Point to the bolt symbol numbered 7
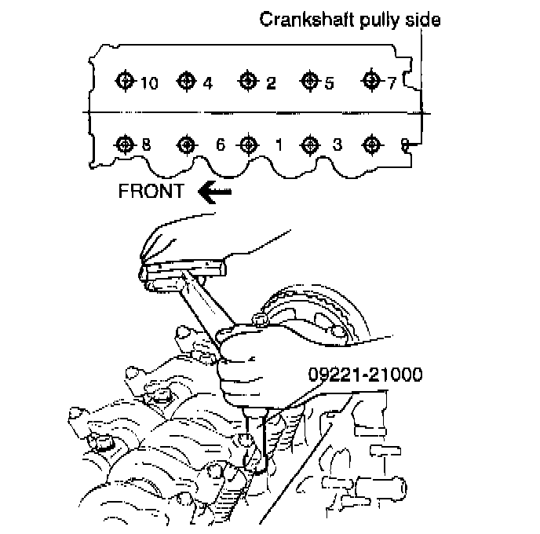click(x=371, y=80)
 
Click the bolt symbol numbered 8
click(x=124, y=144)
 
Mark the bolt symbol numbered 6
click(x=186, y=144)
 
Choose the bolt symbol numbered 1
click(x=248, y=144)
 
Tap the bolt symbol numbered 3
click(x=309, y=144)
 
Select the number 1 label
click(x=279, y=145)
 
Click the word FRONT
click(x=150, y=190)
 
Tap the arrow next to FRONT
click(x=215, y=190)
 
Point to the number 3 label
click(x=337, y=145)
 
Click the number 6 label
click(x=221, y=145)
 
